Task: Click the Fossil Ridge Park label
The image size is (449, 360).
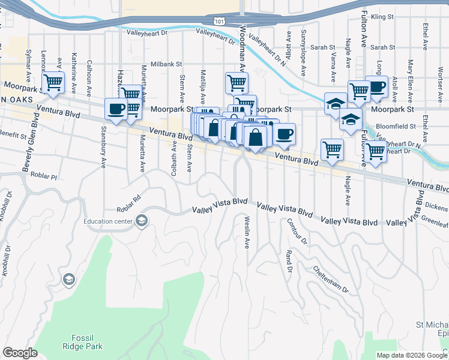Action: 82,341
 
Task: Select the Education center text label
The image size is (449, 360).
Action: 108,221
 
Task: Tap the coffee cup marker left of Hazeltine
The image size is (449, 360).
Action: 115,109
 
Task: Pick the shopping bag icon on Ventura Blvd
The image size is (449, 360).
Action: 255,136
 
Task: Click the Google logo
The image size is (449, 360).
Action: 20,353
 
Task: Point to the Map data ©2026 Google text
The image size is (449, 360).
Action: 412,355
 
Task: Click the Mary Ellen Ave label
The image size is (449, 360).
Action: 411,74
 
